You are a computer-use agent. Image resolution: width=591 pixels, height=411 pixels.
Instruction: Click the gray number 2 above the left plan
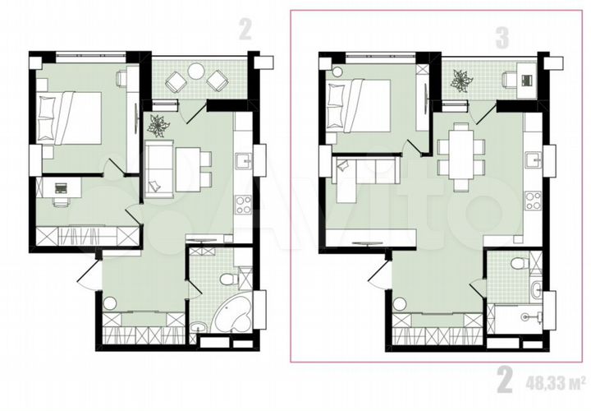pyautogui.click(x=244, y=30)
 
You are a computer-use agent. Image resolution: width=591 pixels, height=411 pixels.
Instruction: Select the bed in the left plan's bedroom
pyautogui.click(x=71, y=116)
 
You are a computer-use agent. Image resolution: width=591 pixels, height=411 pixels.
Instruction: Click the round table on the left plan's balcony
pyautogui.click(x=196, y=73)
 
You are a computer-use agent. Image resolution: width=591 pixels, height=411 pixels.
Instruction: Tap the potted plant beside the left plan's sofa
pyautogui.click(x=158, y=125)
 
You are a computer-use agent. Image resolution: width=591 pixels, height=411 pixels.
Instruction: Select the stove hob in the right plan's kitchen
pyautogui.click(x=533, y=200)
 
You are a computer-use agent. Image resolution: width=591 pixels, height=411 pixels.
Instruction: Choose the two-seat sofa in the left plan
pyautogui.click(x=158, y=169)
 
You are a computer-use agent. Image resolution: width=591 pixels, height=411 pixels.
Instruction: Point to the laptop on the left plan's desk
pyautogui.click(x=60, y=188)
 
